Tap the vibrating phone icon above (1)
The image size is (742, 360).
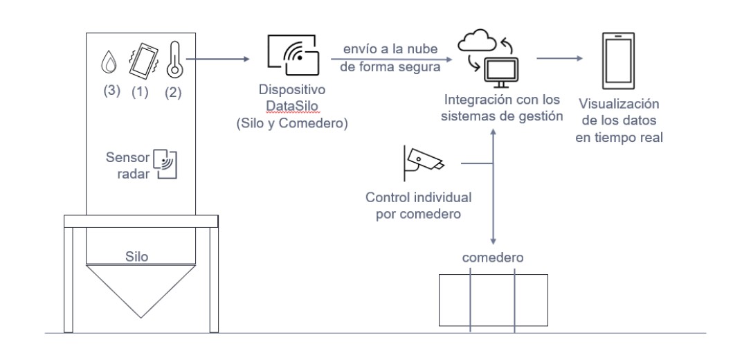(142, 60)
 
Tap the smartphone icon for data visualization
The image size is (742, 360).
(617, 58)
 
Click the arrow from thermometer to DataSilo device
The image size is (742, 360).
(219, 60)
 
